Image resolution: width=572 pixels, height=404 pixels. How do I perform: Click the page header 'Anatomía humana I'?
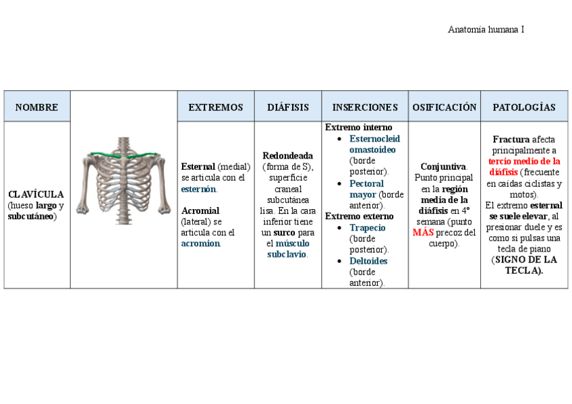pos(486,30)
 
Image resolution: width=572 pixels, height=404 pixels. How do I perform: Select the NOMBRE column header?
pos(36,107)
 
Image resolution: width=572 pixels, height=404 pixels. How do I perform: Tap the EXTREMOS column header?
pos(215,107)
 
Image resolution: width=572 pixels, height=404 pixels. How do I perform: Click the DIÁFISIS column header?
pos(288,107)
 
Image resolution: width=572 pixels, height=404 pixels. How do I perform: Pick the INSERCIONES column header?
pos(365,107)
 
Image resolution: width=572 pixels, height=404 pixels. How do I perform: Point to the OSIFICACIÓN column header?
pos(445,107)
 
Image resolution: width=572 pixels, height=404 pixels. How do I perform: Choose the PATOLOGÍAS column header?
pos(524,107)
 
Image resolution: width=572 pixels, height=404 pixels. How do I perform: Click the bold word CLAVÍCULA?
pos(36,194)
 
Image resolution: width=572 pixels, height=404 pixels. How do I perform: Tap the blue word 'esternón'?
pos(198,189)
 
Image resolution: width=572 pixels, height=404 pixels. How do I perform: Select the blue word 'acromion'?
pos(200,243)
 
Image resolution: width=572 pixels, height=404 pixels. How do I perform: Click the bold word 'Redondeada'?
pos(288,156)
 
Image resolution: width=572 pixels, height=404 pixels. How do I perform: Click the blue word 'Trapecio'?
pos(368,228)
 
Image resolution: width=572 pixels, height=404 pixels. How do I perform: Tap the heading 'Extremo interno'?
pos(358,127)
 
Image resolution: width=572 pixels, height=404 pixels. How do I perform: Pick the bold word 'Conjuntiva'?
pos(443,167)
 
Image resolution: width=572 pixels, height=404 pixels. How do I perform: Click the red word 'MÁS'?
pos(424,233)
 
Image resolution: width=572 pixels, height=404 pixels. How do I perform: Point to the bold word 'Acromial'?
pos(200,210)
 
